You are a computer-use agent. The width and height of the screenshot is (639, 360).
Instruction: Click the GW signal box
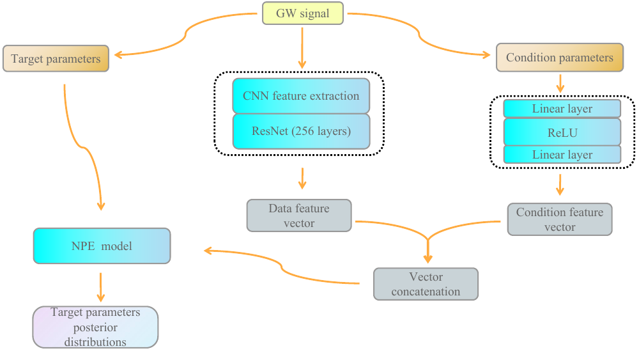pyautogui.click(x=302, y=13)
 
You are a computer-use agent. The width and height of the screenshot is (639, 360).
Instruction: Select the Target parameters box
pyautogui.click(x=56, y=59)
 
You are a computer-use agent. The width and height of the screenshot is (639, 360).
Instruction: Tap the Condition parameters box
pyautogui.click(x=559, y=58)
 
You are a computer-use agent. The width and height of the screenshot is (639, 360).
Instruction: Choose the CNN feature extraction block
pyautogui.click(x=301, y=96)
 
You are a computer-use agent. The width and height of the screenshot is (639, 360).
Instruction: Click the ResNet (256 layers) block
pyautogui.click(x=301, y=132)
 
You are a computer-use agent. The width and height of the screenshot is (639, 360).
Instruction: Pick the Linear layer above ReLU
pyautogui.click(x=562, y=109)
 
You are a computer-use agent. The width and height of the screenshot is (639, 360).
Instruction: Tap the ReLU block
pyautogui.click(x=562, y=132)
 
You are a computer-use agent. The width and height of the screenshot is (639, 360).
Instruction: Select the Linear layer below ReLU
pyautogui.click(x=562, y=155)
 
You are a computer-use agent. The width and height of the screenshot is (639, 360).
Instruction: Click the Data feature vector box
pyautogui.click(x=298, y=215)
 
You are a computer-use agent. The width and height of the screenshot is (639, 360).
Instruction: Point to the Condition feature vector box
pyautogui.click(x=559, y=219)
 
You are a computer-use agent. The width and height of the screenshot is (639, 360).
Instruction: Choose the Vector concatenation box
pyautogui.click(x=425, y=284)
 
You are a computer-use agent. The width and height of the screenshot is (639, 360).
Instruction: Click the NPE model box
pyautogui.click(x=102, y=246)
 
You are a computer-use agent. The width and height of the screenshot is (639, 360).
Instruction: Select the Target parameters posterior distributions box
pyautogui.click(x=95, y=327)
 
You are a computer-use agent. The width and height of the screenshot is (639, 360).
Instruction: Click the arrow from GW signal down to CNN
pyautogui.click(x=302, y=49)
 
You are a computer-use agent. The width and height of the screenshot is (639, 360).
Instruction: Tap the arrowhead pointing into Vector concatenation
pyautogui.click(x=427, y=258)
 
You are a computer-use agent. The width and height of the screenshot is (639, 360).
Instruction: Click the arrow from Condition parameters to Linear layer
pyautogui.click(x=560, y=83)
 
